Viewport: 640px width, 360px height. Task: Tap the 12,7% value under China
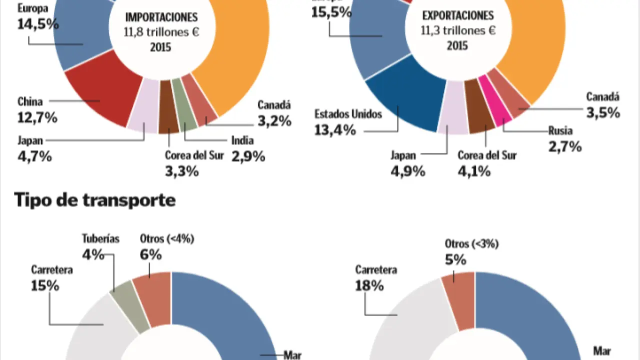click(37, 118)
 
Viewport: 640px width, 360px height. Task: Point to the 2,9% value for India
click(248, 156)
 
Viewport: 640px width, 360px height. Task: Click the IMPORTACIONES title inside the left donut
click(161, 17)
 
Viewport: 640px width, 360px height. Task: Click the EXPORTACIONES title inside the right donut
click(458, 15)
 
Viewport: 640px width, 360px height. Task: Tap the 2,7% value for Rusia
click(565, 146)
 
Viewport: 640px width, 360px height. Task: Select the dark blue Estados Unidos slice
click(405, 100)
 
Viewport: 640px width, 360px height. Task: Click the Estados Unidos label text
click(348, 114)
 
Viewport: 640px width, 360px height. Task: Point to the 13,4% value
click(335, 130)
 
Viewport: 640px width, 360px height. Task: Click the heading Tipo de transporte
click(95, 200)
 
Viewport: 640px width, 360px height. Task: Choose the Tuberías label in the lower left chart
click(100, 238)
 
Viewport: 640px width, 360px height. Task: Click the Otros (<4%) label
click(167, 238)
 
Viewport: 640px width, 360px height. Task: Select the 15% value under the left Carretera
click(45, 285)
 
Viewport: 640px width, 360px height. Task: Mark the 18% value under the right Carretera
click(369, 285)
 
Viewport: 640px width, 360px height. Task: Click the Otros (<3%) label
click(471, 244)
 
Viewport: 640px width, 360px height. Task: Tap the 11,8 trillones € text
click(161, 32)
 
